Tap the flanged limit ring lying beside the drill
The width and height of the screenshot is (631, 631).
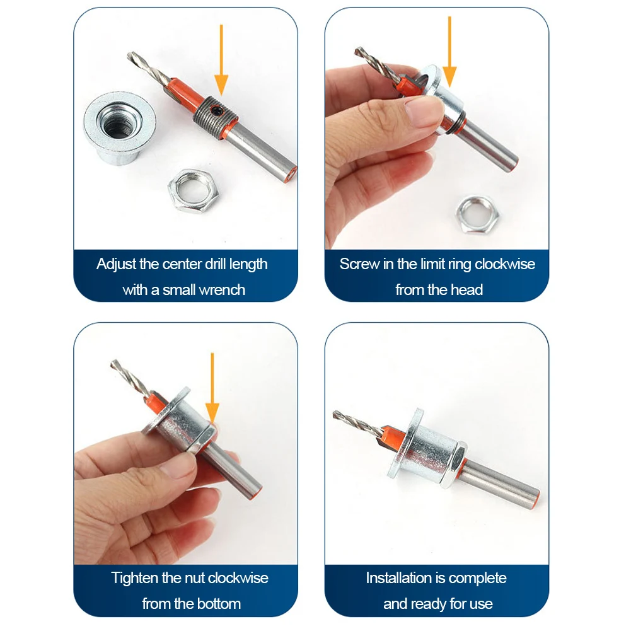(x=120, y=128)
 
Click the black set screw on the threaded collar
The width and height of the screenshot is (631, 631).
(x=217, y=109)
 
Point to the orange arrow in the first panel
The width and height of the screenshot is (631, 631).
(x=221, y=61)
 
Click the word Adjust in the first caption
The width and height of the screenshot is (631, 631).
(x=117, y=264)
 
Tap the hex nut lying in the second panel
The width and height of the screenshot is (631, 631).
(x=478, y=216)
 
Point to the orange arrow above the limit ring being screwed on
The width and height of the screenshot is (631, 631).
(x=449, y=52)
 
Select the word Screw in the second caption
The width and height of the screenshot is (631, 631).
(x=359, y=264)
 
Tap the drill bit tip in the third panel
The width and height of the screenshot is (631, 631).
(x=113, y=362)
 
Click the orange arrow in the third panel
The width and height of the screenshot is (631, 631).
(x=212, y=387)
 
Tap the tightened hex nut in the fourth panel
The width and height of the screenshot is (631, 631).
(x=453, y=464)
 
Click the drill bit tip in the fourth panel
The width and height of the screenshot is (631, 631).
(x=335, y=414)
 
